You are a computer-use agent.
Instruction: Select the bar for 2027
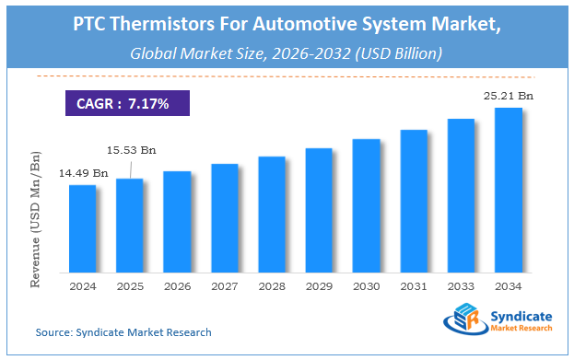click(x=225, y=218)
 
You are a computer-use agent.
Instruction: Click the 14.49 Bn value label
click(x=84, y=173)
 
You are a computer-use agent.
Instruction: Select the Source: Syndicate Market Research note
click(x=123, y=331)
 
